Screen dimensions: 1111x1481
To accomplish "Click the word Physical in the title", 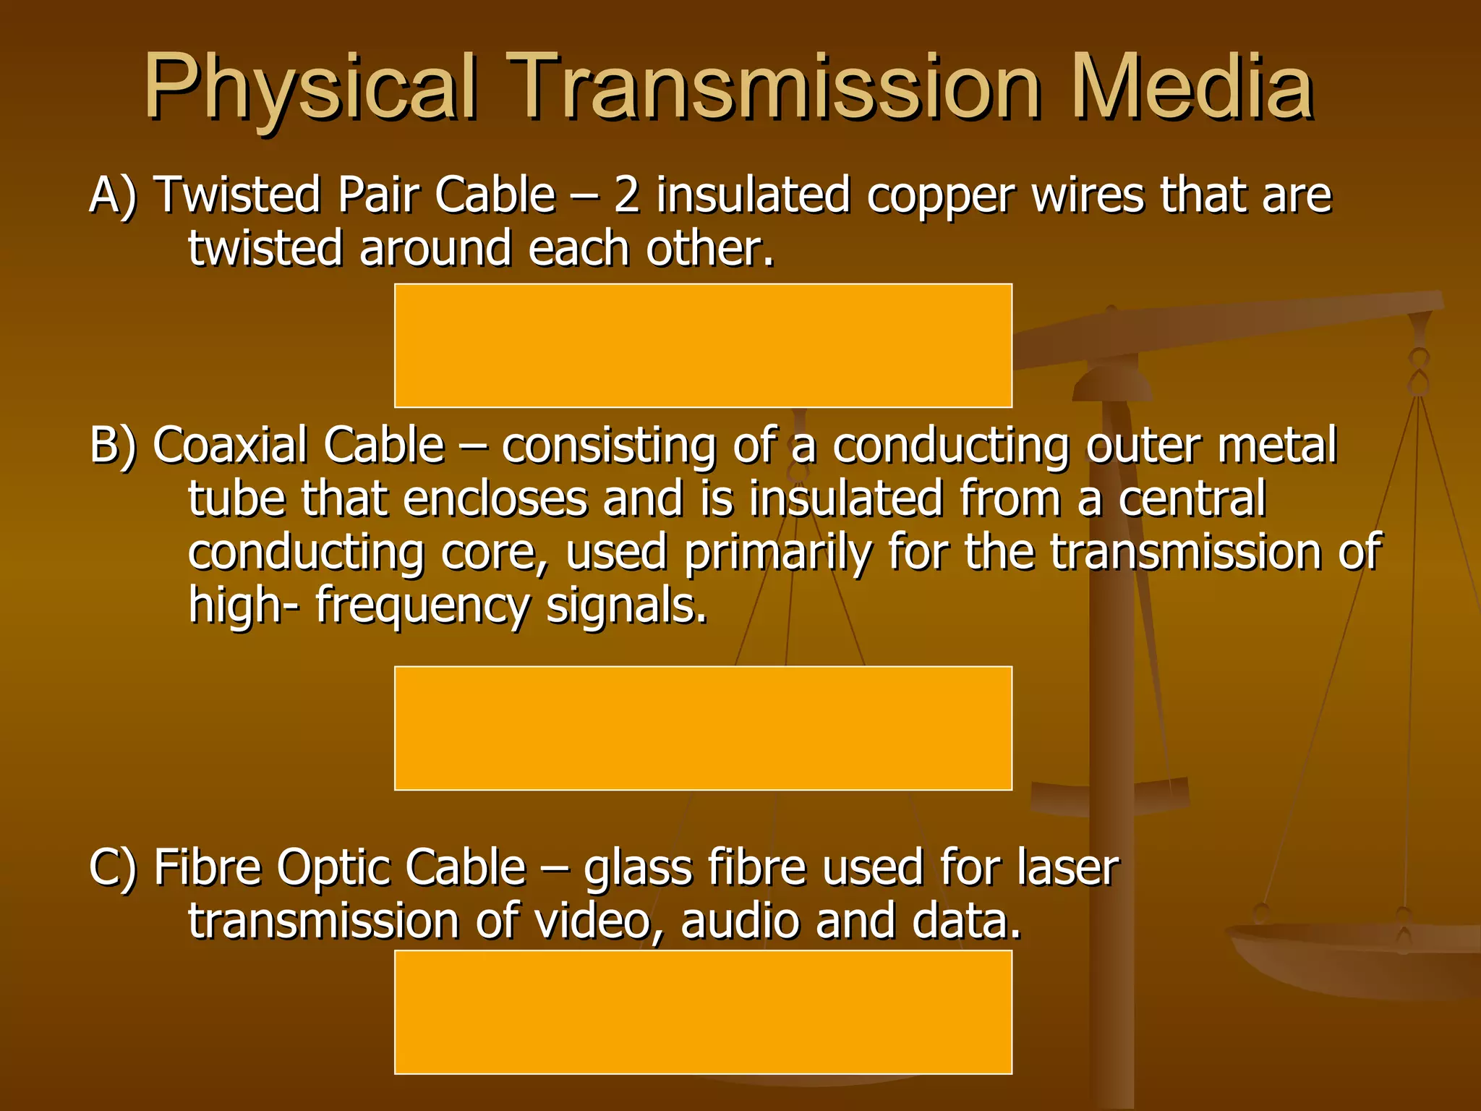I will click(311, 88).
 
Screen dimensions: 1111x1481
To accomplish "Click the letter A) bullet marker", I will click(113, 195).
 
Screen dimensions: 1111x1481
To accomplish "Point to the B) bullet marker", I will click(113, 445).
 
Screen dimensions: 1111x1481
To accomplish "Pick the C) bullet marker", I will click(113, 867).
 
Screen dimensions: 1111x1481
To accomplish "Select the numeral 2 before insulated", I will click(627, 195).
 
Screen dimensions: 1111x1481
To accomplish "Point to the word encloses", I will click(495, 498).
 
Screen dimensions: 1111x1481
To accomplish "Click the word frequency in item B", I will click(422, 606).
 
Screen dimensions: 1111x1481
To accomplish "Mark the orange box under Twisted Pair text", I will click(703, 346).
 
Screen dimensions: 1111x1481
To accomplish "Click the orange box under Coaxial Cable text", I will click(703, 728).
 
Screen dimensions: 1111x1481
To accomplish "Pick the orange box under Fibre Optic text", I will click(703, 1012).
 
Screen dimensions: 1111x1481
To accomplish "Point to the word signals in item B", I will click(626, 606).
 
